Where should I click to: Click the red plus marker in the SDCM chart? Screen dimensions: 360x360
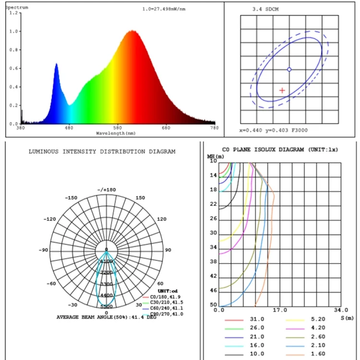[x=282, y=90]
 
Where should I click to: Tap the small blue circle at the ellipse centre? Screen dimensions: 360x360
[x=289, y=70]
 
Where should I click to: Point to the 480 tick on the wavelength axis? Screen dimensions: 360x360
[x=69, y=128]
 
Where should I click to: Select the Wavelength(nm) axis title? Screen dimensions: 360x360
[x=116, y=132]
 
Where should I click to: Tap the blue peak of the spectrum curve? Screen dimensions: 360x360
[x=56, y=64]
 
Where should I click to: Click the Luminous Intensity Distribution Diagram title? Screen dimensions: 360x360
[x=102, y=151]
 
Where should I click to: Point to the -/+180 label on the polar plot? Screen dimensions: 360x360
[x=107, y=190]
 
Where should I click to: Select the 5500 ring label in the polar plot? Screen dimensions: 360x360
[x=107, y=306]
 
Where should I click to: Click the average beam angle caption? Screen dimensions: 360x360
[x=106, y=317]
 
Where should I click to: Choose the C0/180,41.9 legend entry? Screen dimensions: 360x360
[x=168, y=298]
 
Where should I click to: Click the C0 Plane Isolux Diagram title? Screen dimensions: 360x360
[x=280, y=150]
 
